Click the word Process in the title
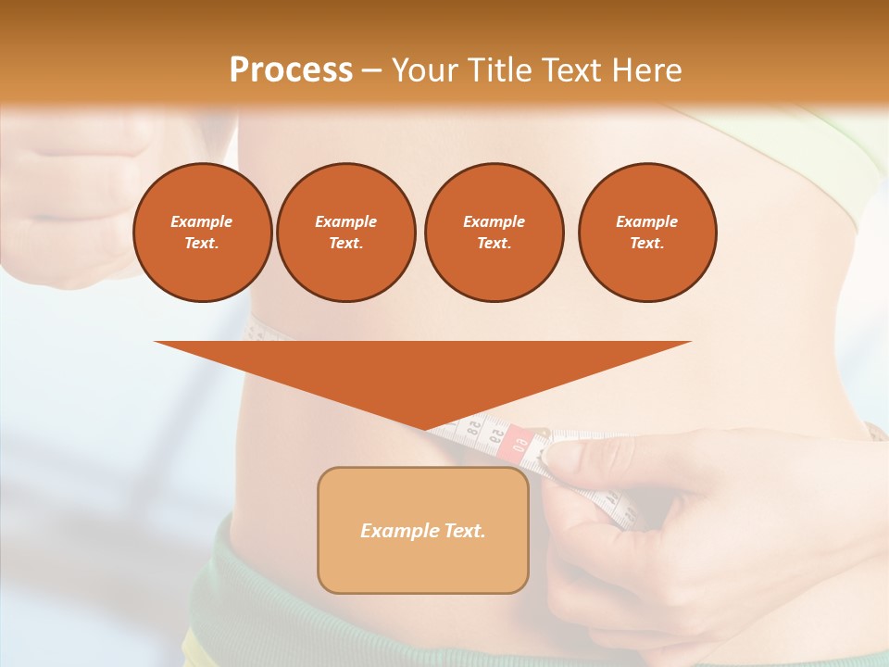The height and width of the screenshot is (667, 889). [x=291, y=69]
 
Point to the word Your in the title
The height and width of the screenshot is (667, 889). [x=424, y=69]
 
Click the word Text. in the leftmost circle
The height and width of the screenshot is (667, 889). [x=202, y=243]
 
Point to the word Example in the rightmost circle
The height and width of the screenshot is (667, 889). [x=646, y=221]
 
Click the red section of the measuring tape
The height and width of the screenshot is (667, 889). [x=516, y=443]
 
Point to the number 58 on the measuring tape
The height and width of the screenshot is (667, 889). [x=474, y=431]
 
